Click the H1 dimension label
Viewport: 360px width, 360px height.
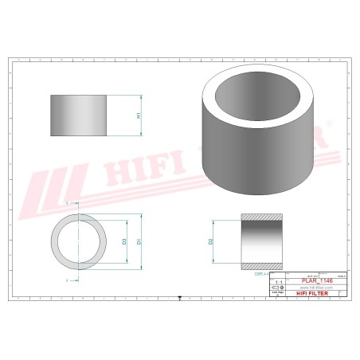[x=140, y=116]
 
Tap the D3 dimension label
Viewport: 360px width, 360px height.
[x=124, y=241]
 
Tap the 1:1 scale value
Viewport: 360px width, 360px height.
[x=279, y=282]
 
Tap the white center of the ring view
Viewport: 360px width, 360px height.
[x=80, y=241]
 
